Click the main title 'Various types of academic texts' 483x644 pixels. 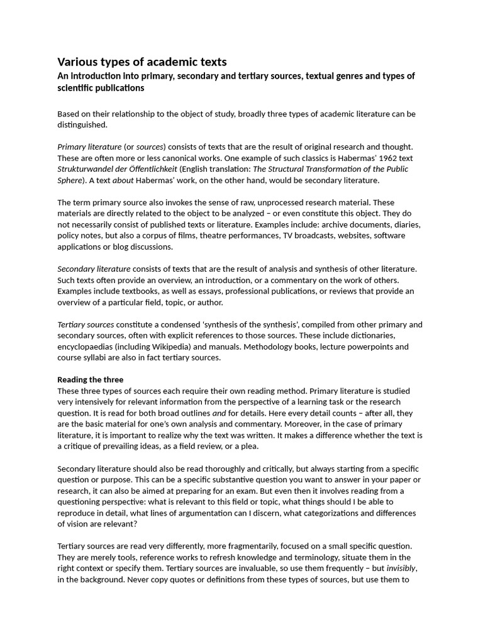pos(142,62)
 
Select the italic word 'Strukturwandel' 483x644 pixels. pos(87,169)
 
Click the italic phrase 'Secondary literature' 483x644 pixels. pos(94,269)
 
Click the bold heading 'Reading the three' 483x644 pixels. pos(91,380)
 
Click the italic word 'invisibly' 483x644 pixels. pos(401,569)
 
